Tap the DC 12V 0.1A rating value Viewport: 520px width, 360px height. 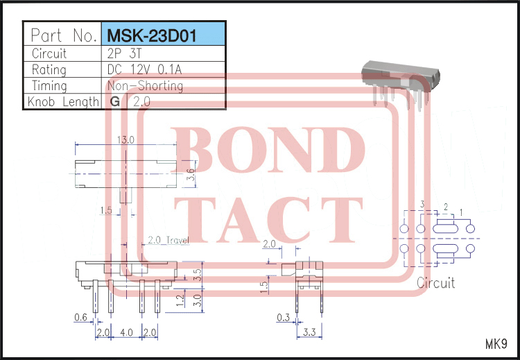point(146,69)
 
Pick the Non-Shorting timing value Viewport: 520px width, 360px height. point(145,86)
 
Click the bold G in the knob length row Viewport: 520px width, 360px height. point(114,101)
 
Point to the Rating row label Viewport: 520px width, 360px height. point(49,69)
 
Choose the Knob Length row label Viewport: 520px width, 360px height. point(62,102)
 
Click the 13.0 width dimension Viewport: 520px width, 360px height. point(125,140)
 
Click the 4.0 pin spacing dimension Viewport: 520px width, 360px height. point(126,332)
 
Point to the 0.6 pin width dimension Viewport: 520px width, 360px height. point(80,318)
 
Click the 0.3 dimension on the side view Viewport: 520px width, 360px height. point(284,318)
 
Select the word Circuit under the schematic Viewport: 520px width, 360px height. point(435,282)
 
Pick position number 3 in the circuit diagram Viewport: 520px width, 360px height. point(422,204)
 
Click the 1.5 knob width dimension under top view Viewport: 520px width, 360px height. point(105,209)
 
